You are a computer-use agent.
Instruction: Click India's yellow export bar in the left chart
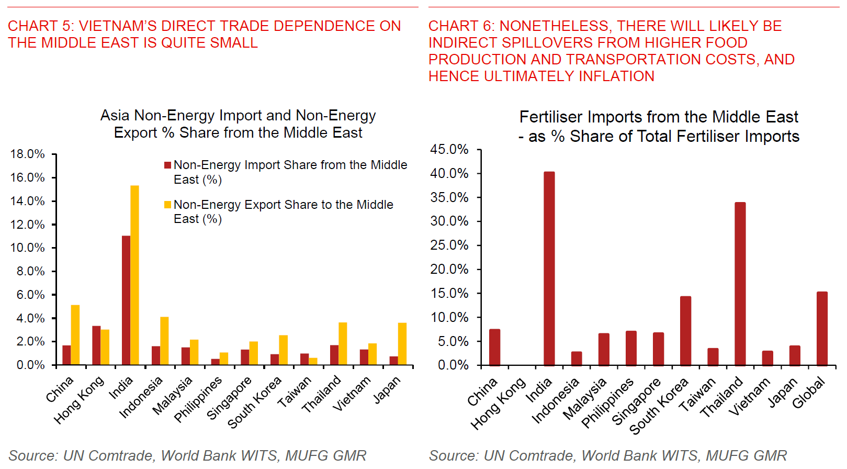[x=134, y=275]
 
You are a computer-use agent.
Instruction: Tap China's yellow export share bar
[x=75, y=334]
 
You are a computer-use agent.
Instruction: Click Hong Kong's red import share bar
[x=96, y=345]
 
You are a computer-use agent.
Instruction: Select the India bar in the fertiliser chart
[x=549, y=268]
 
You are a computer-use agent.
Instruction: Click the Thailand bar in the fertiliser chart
[x=740, y=283]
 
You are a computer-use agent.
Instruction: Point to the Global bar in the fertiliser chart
[x=822, y=328]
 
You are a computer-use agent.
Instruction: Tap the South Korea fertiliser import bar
[x=685, y=330]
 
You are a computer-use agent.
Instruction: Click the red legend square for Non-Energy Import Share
[x=168, y=165]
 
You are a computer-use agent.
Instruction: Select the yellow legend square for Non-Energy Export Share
[x=168, y=205]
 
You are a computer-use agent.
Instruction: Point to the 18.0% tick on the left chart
[x=27, y=154]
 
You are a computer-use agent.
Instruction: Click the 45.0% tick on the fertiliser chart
[x=449, y=150]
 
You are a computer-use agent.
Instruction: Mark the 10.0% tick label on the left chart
[x=27, y=248]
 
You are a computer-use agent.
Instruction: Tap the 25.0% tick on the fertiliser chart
[x=449, y=245]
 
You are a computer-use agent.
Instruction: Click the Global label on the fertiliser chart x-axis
[x=808, y=393]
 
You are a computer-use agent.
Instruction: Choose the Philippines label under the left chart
[x=198, y=399]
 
